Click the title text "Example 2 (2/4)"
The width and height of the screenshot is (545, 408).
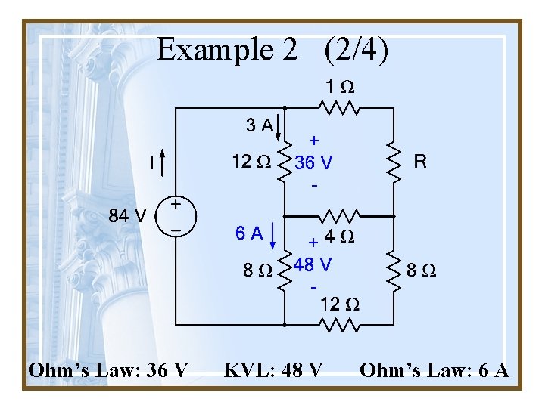(272, 50)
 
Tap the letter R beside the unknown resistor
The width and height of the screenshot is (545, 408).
(419, 161)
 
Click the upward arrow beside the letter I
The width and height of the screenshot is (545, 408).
(162, 160)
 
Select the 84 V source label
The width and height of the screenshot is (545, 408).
(126, 215)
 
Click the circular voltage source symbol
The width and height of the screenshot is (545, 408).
(176, 215)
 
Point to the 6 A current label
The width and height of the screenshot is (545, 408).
(249, 234)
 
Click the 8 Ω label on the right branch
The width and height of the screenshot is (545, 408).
(422, 270)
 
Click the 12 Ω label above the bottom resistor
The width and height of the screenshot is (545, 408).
(339, 305)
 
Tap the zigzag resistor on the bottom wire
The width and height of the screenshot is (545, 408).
(339, 326)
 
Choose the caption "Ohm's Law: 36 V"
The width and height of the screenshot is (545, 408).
(108, 371)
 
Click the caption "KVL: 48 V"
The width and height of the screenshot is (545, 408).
(274, 371)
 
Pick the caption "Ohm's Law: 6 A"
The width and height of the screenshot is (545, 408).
(434, 371)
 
